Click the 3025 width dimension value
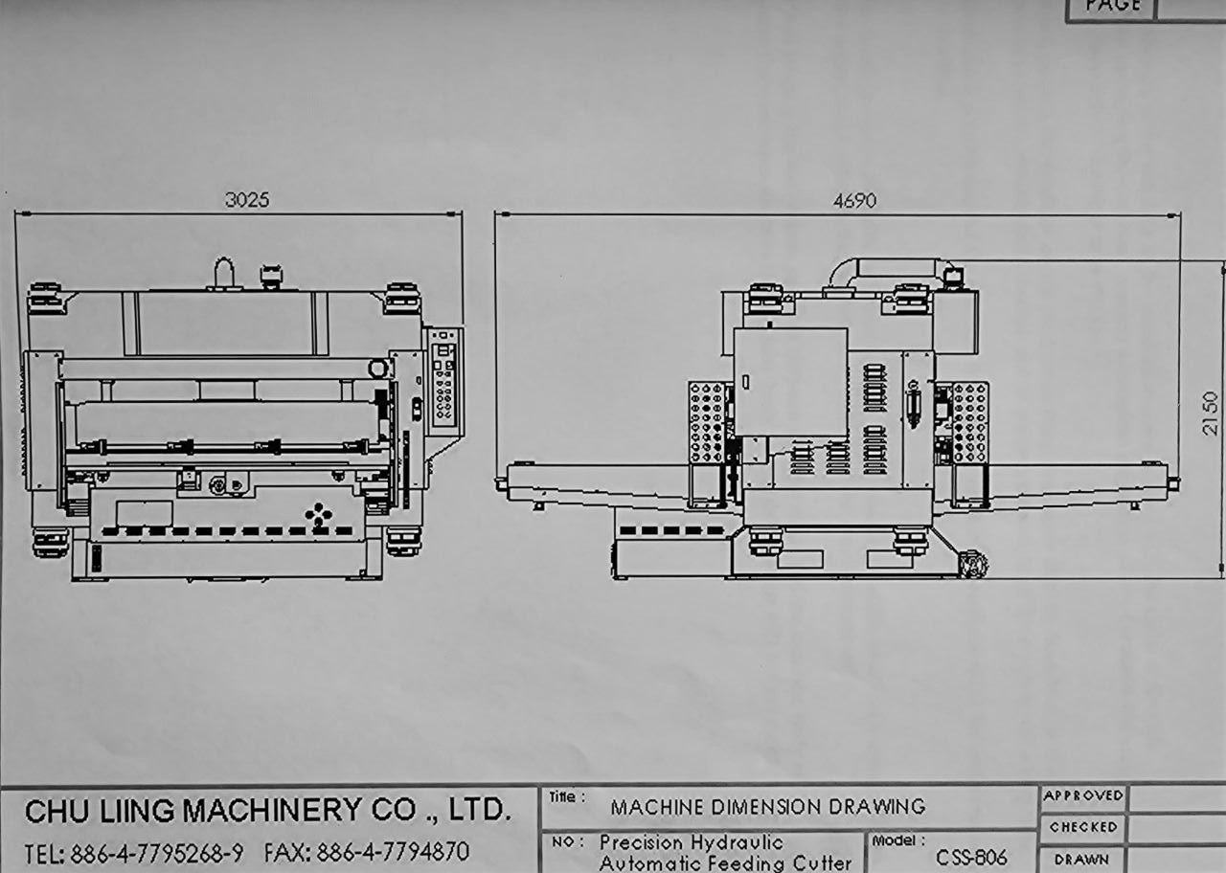coord(247,200)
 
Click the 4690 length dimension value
coord(854,201)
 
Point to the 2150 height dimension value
coord(1210,413)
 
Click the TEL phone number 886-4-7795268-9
coord(157,853)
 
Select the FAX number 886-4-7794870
coord(393,852)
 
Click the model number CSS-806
coord(971,857)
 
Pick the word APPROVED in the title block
coord(1083,795)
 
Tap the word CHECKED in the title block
coord(1083,827)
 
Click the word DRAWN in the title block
coord(1081,860)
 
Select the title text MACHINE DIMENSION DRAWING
coord(768,807)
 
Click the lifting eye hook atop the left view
coord(223,274)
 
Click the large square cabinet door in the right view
coord(790,382)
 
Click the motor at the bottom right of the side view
coord(973,564)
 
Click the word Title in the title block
coord(563,797)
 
